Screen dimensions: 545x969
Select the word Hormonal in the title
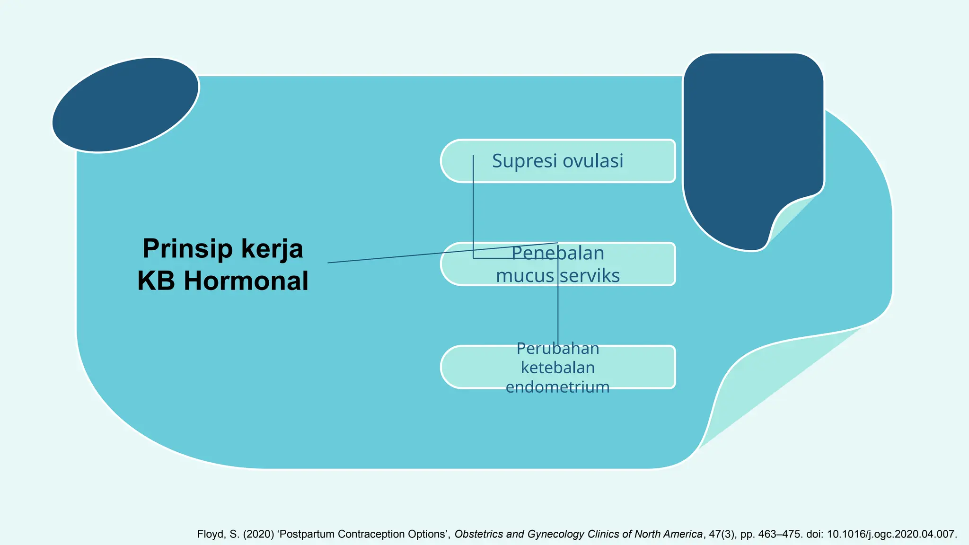(246, 281)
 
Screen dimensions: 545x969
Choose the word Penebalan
(558, 253)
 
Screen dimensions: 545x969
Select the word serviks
(590, 275)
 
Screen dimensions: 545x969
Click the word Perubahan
(558, 348)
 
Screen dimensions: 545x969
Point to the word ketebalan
(558, 368)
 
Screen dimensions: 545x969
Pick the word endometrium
(558, 387)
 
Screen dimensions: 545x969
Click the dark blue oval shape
(125, 105)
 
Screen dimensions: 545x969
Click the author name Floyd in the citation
(210, 534)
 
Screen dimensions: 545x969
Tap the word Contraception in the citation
(376, 534)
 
